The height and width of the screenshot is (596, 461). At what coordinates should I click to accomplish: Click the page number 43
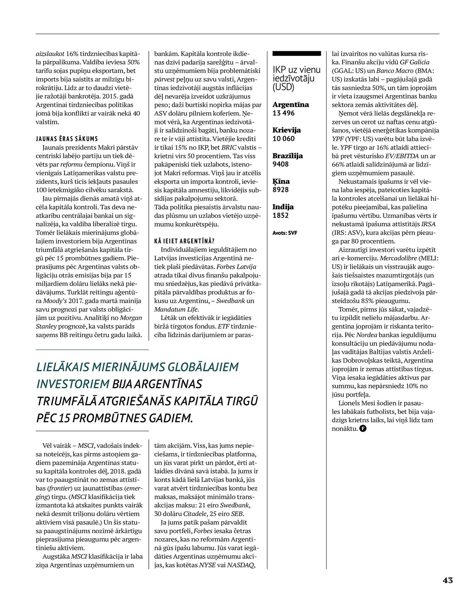click(447, 580)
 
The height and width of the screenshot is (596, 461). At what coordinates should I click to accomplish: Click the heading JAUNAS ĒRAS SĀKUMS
click(67, 139)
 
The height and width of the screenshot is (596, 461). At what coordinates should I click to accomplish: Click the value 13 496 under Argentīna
click(283, 113)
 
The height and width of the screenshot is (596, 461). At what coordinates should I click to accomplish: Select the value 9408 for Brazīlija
click(281, 164)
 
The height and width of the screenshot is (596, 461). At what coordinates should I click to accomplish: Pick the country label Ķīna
click(281, 181)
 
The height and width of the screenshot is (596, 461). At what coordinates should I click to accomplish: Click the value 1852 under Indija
click(281, 215)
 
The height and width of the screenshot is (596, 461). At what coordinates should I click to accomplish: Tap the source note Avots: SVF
click(285, 232)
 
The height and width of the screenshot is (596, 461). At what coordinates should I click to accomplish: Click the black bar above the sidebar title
click(296, 54)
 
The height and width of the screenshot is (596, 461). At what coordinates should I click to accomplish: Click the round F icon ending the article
click(363, 428)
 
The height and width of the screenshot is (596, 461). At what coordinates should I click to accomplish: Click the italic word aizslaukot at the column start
click(51, 54)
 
